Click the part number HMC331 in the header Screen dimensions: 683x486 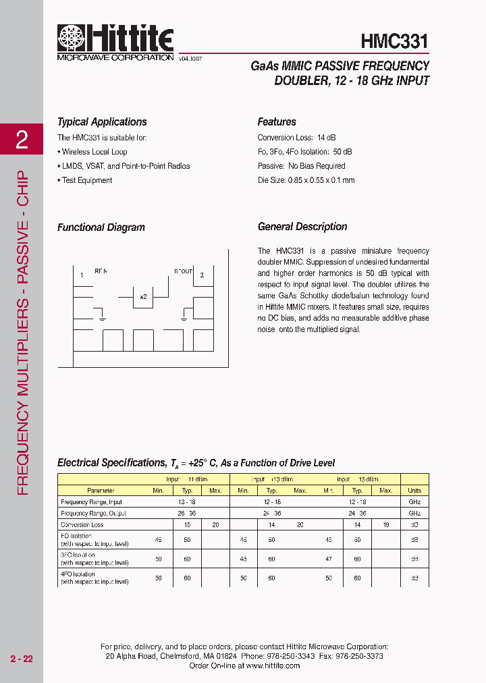pyautogui.click(x=395, y=40)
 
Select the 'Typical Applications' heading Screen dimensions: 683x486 pyautogui.click(x=102, y=122)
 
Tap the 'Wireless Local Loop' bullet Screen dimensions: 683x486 pyautogui.click(x=92, y=152)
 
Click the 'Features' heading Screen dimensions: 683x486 pyautogui.click(x=277, y=122)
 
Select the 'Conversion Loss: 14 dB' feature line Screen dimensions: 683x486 pyautogui.click(x=296, y=138)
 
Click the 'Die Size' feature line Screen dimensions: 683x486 pyautogui.click(x=306, y=180)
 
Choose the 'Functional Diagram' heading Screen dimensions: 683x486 pyautogui.click(x=101, y=227)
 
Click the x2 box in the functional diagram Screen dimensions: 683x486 pyautogui.click(x=143, y=296)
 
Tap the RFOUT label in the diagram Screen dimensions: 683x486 pyautogui.click(x=184, y=271)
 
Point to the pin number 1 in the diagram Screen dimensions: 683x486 pyautogui.click(x=82, y=275)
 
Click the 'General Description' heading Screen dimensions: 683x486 pyautogui.click(x=302, y=227)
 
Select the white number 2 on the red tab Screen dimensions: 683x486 pyautogui.click(x=22, y=140)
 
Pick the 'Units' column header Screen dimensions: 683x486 pyautogui.click(x=414, y=491)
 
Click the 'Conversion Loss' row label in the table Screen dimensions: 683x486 pyautogui.click(x=82, y=524)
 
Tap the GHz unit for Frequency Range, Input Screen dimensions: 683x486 pyautogui.click(x=414, y=502)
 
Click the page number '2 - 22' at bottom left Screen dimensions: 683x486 pyautogui.click(x=22, y=659)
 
